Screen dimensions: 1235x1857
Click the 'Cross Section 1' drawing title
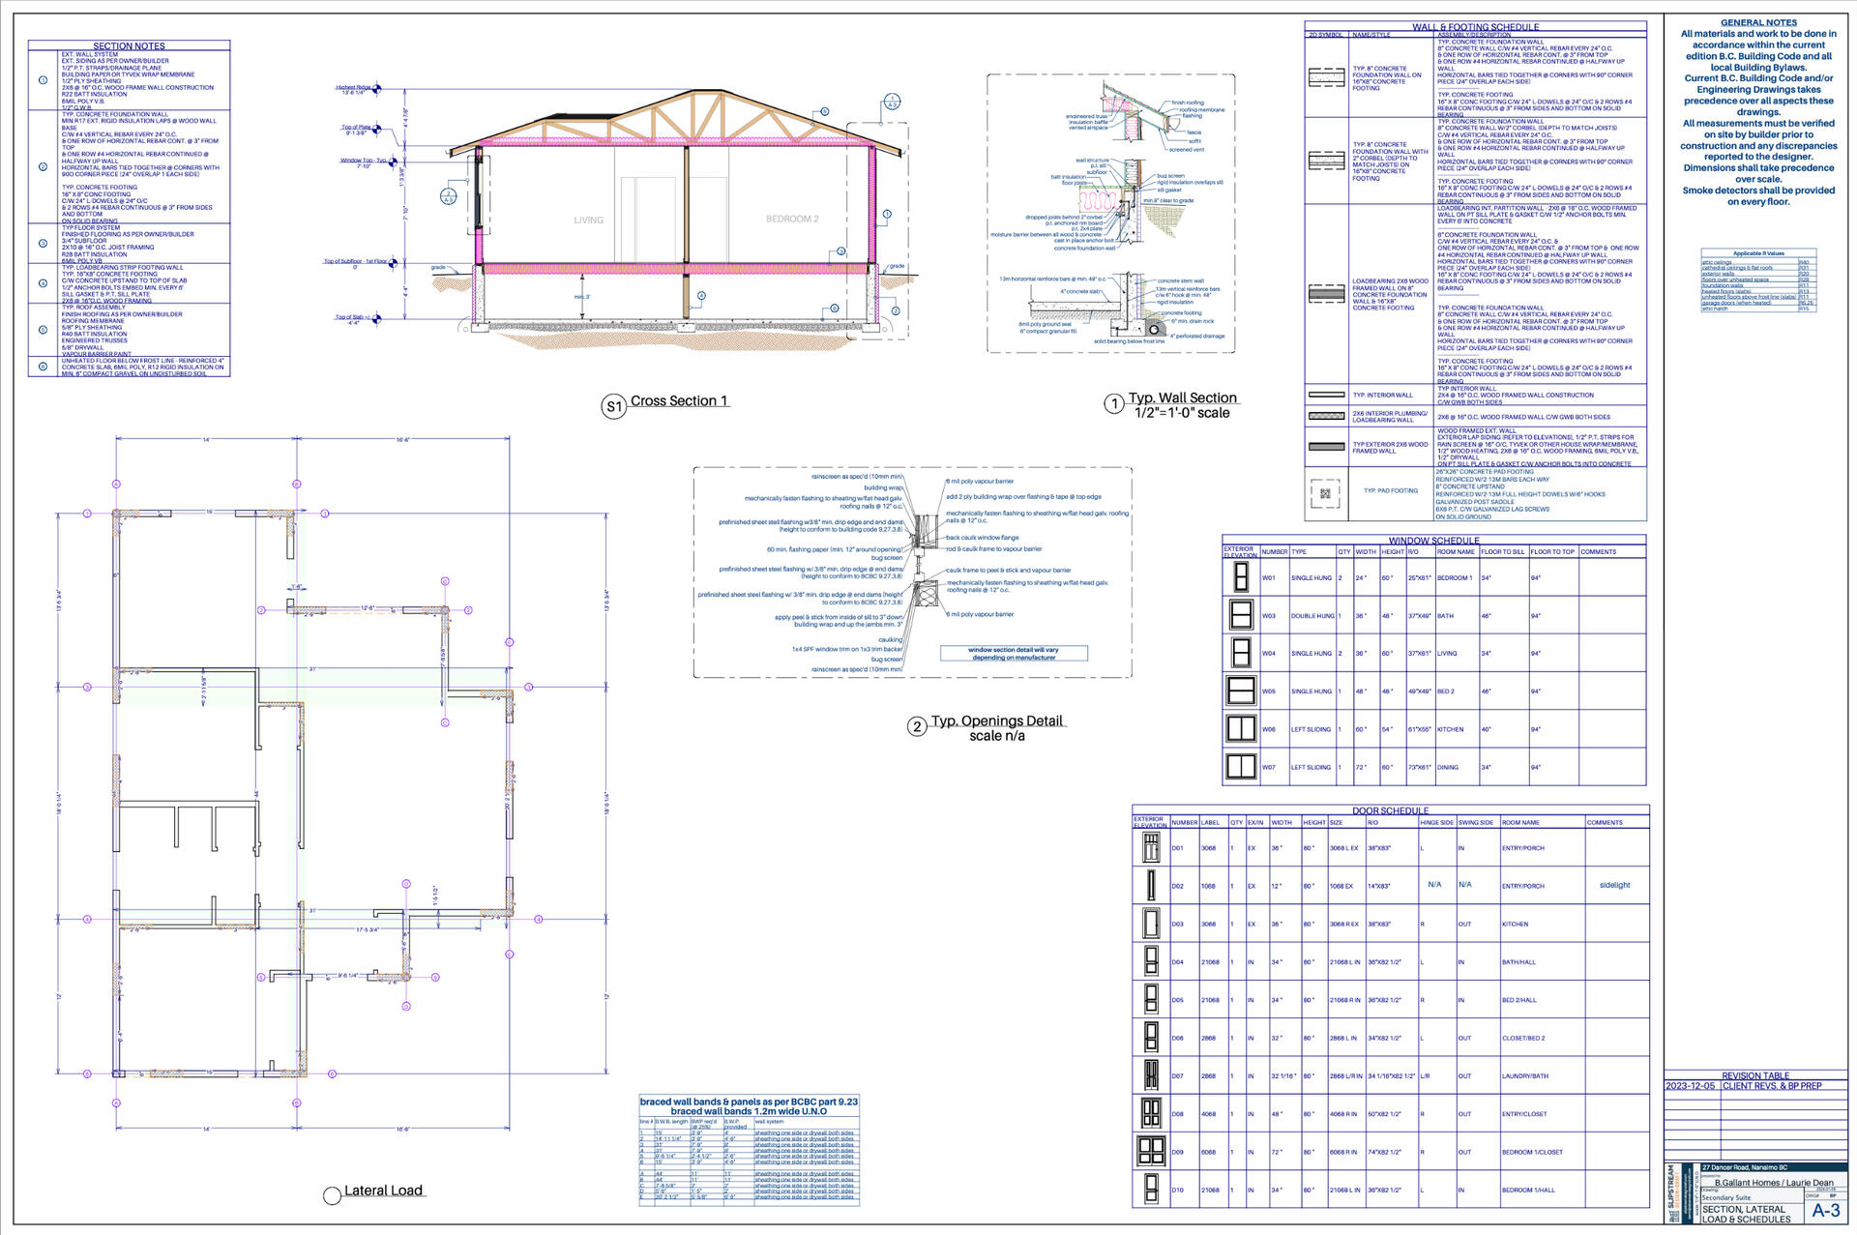[678, 401]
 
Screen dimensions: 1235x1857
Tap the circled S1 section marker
[613, 407]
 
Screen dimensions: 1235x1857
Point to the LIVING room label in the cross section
[588, 221]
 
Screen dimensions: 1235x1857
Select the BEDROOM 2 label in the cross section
[792, 219]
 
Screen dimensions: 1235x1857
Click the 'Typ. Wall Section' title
[1182, 397]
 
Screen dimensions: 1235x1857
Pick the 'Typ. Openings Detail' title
[996, 721]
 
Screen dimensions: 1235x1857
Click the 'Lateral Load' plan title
[383, 1191]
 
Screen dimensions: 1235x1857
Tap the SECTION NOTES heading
[129, 46]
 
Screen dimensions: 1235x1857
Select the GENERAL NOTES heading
[1758, 22]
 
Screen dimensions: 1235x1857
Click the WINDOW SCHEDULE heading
[1433, 541]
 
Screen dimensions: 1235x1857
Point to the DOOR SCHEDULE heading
[1390, 810]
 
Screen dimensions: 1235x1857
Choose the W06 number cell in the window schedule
[1269, 729]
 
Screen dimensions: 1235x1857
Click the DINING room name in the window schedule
[1447, 767]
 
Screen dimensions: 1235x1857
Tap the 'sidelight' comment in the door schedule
[1614, 885]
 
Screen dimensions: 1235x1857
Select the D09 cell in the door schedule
[1177, 1152]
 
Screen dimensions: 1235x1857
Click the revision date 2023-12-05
[1690, 1086]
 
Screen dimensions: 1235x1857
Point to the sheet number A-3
[1826, 1211]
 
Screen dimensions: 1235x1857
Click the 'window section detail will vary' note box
[1014, 654]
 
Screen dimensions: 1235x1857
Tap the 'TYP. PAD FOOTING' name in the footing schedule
[1391, 490]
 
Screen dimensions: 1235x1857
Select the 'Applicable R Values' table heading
[1758, 253]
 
